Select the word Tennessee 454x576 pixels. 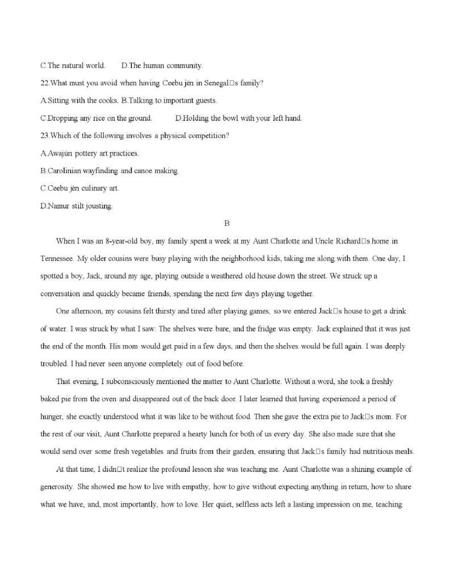(x=57, y=258)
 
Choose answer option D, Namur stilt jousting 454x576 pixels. (x=77, y=207)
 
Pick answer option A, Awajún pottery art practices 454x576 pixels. (x=90, y=153)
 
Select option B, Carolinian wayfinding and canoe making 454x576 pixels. (x=110, y=171)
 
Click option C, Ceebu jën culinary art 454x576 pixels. (x=79, y=188)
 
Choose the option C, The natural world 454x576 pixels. (x=73, y=66)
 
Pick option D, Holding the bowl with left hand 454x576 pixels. (x=238, y=119)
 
